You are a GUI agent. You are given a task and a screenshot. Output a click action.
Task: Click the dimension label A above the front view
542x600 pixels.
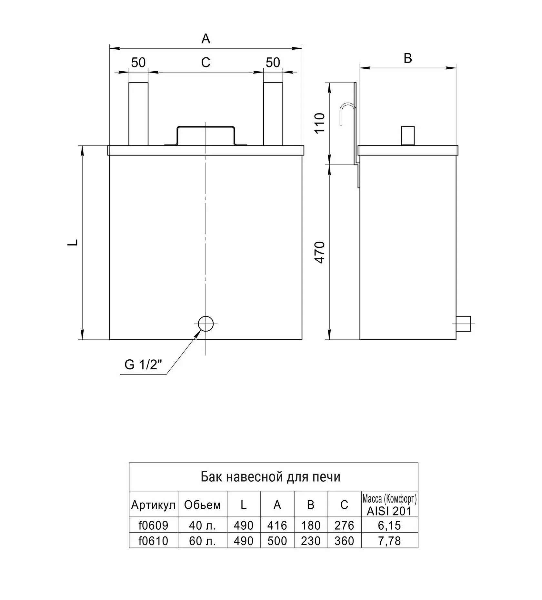point(206,39)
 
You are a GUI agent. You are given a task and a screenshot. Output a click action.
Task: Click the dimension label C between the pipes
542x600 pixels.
point(206,62)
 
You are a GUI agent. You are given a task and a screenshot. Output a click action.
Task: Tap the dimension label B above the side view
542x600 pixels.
point(408,58)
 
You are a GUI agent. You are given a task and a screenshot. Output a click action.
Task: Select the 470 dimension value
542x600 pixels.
point(320,252)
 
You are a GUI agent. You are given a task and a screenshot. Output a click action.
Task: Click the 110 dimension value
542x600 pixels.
point(320,123)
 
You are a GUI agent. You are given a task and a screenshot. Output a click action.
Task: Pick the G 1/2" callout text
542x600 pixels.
point(143,365)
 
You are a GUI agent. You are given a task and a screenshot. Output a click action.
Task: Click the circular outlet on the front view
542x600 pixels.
point(206,324)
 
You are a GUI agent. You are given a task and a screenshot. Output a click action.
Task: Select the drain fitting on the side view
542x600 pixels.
point(464,324)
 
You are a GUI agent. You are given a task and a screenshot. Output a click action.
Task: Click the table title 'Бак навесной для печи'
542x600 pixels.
point(270,476)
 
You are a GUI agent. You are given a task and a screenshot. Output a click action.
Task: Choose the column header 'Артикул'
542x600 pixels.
point(154,505)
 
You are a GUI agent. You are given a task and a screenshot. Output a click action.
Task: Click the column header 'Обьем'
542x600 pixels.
point(202,505)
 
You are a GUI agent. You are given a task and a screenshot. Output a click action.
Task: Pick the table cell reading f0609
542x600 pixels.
point(154,525)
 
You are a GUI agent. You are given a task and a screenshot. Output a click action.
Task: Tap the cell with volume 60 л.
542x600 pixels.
point(202,541)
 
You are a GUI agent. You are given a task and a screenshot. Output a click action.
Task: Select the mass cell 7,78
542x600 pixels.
point(389,541)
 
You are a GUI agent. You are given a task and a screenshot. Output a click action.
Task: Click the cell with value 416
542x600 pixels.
point(277,525)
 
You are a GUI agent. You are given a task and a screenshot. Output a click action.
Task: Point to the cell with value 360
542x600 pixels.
point(344,541)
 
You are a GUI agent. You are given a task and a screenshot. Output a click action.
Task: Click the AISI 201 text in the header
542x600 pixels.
point(389,511)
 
